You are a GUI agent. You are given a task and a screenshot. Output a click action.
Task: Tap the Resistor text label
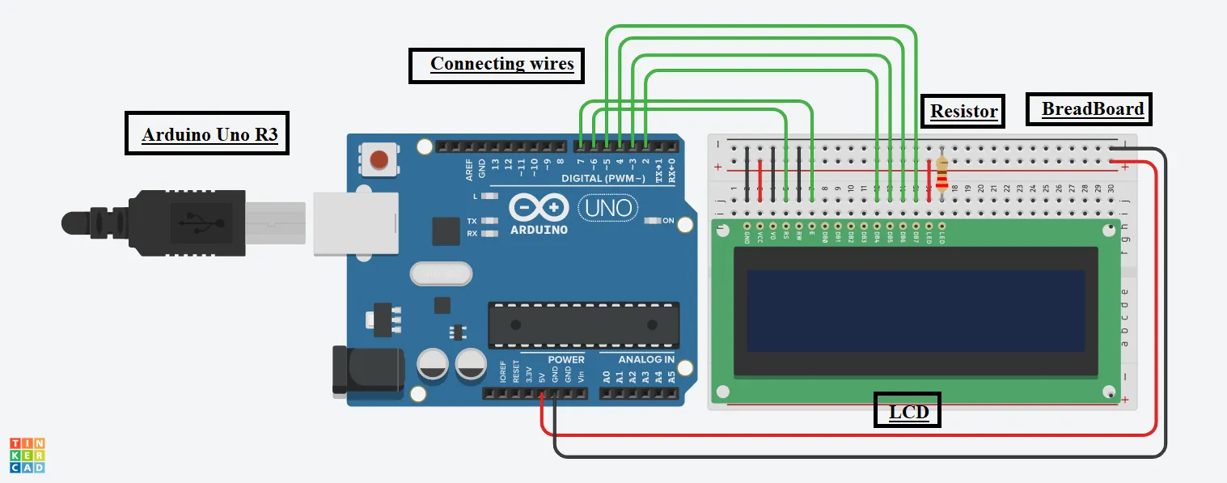click(963, 111)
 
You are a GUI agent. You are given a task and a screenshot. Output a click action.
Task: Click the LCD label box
click(908, 412)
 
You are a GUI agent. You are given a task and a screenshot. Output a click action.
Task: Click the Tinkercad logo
click(27, 455)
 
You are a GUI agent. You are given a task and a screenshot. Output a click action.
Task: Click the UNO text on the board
click(607, 208)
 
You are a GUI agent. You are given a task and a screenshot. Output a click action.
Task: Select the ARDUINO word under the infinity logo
click(539, 230)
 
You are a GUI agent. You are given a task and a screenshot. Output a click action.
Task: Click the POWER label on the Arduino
click(566, 359)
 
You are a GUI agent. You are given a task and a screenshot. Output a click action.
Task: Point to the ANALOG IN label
click(645, 359)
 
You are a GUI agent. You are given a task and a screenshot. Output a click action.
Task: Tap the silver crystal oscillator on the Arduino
click(440, 274)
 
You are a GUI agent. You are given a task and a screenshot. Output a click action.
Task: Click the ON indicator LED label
click(668, 221)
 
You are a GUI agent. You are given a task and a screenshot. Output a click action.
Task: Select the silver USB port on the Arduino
click(356, 222)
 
